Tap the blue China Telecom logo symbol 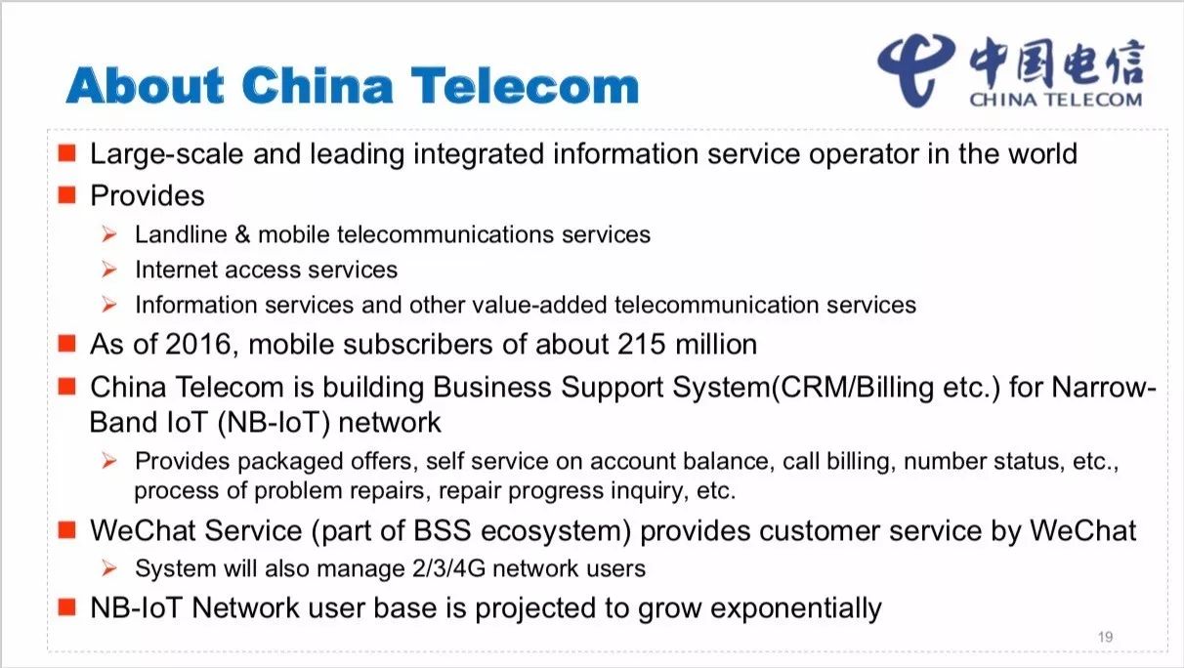(915, 68)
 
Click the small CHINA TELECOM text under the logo (1056, 100)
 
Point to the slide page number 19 (1105, 637)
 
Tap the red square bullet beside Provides (66, 195)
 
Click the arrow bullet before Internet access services (108, 270)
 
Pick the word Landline (181, 234)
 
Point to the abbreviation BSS (442, 530)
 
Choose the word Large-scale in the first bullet (167, 154)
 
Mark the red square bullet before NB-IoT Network (66, 607)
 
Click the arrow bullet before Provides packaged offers (108, 461)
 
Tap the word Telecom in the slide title (525, 85)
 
